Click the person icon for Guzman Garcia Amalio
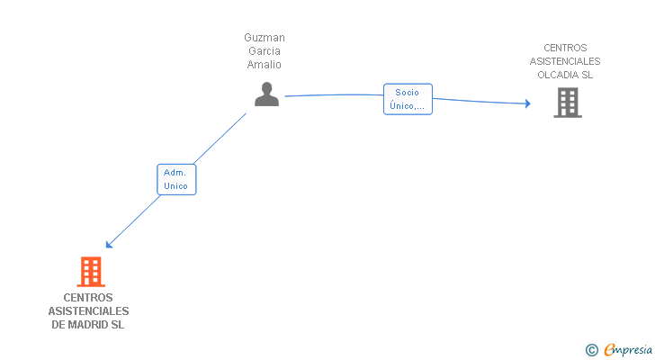pos(266,94)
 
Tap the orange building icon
pos(90,271)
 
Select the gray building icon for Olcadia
pos(567,103)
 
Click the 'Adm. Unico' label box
pos(176,179)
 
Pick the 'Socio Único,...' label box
pos(408,99)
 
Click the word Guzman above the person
pos(265,38)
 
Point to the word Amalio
pos(265,65)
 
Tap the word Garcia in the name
pos(265,51)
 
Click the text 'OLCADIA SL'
pos(565,75)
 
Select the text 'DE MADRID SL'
pos(88,324)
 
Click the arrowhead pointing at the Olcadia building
pos(527,104)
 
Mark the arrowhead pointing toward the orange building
pos(109,244)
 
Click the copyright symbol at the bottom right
pos(591,350)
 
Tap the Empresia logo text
pos(626,350)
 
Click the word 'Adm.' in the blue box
pos(175,172)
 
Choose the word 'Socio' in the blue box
pos(407,92)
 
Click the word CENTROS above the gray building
pos(565,48)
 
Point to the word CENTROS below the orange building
pos(88,297)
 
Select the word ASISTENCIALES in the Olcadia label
pos(565,61)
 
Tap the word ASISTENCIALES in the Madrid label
pos(88,310)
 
